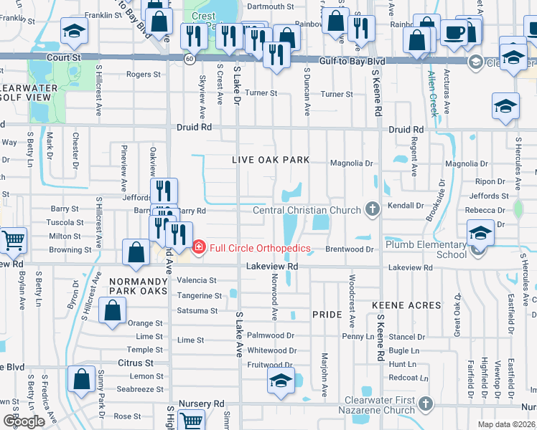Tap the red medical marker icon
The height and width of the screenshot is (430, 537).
point(199,249)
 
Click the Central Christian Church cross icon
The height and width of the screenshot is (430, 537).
point(372,209)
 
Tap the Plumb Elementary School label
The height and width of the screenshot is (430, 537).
point(426,249)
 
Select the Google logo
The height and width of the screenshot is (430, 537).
point(24,421)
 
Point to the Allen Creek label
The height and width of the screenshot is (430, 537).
point(433,93)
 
